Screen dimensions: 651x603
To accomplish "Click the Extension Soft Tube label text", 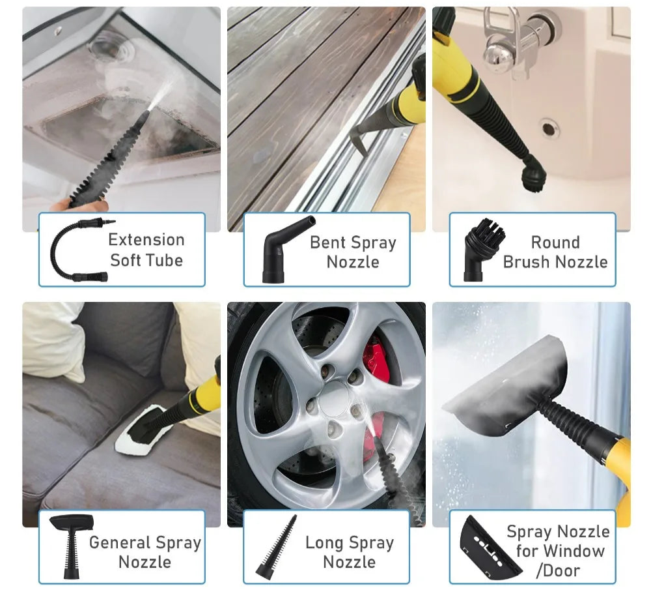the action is tap(146, 250).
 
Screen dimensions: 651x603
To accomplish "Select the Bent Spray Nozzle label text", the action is tap(353, 252).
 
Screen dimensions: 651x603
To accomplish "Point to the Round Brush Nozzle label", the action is tap(555, 252).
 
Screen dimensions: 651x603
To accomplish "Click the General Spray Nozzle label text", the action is tap(145, 552).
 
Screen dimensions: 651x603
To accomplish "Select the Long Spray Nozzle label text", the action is tap(350, 552).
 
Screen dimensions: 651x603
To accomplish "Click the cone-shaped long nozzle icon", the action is tap(276, 547).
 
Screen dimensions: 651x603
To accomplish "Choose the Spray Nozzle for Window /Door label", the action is tap(559, 551).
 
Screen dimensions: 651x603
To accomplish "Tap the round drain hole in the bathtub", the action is tap(548, 128).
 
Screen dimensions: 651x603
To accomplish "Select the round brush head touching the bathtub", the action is tap(534, 174).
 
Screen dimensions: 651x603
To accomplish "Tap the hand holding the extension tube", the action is tap(79, 205).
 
